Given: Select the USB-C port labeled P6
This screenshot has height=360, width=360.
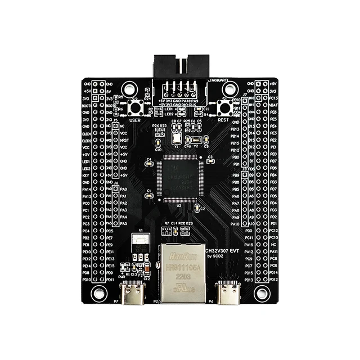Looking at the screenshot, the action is tap(228, 292).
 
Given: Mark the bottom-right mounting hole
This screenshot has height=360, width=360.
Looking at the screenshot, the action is tap(260, 292).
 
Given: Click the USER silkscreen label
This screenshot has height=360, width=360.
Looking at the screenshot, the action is tap(135, 120).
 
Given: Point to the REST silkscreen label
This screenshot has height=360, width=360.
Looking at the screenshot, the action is tap(223, 120).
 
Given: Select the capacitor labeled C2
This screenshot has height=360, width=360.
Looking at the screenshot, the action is tap(196, 209).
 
